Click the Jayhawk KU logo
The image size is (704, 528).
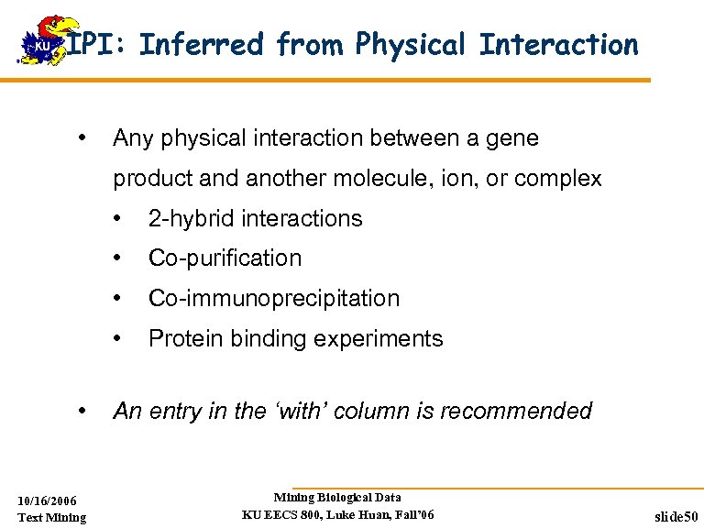(41, 41)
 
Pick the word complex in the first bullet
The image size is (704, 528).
(559, 179)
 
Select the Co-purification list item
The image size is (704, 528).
(225, 258)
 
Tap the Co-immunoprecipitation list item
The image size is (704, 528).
(274, 299)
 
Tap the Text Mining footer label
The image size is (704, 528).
(52, 517)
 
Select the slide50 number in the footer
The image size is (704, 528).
(676, 517)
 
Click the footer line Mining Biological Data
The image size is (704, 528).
(337, 497)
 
